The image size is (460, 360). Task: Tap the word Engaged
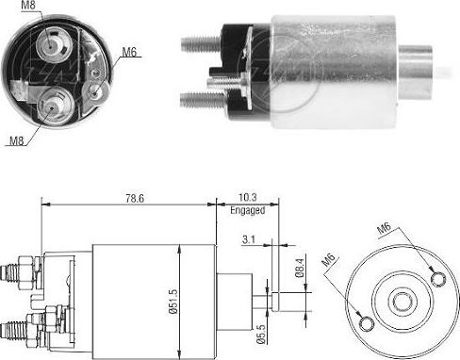248,211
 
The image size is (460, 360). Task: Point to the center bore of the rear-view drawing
402,301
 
